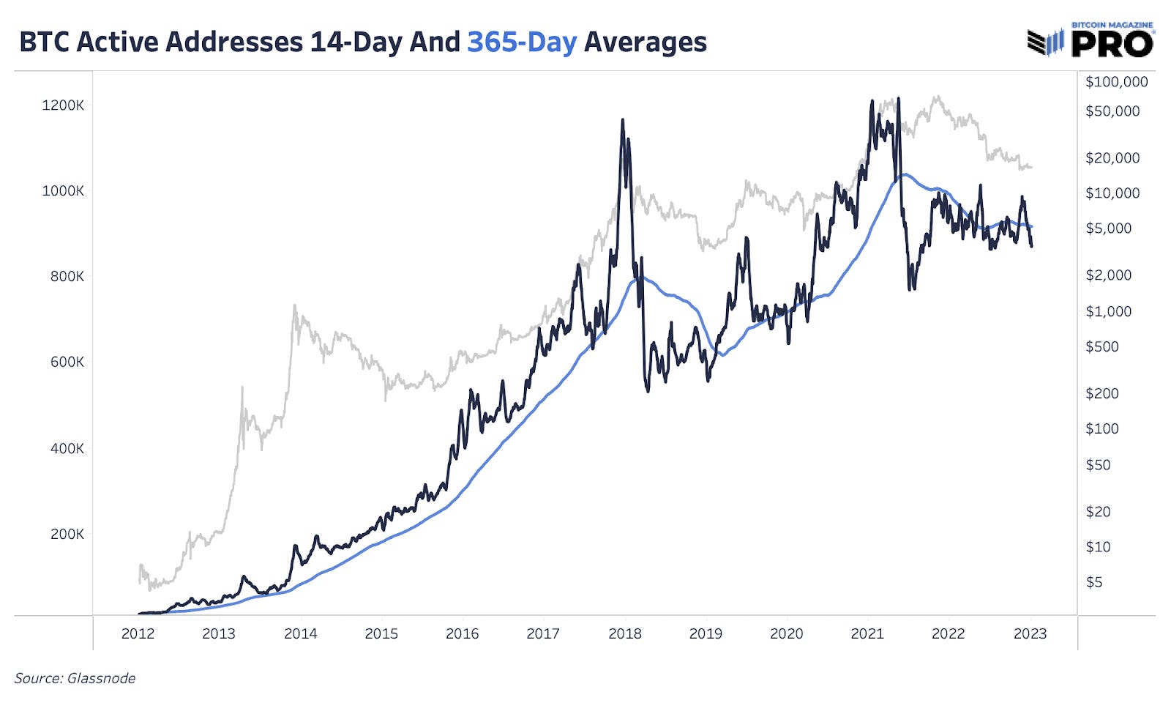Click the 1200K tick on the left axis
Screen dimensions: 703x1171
point(63,105)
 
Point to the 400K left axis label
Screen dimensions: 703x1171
point(67,448)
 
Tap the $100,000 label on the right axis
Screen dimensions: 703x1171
point(1116,82)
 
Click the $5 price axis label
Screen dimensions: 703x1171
point(1093,582)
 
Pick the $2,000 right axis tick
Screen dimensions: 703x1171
point(1108,275)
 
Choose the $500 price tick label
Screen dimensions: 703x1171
point(1101,346)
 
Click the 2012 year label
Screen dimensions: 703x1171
point(138,634)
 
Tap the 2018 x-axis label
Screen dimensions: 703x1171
point(624,634)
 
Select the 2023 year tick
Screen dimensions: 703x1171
point(1030,634)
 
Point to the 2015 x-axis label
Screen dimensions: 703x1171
point(381,634)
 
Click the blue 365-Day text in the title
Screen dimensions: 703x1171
point(522,42)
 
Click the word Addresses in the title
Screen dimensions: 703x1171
point(235,42)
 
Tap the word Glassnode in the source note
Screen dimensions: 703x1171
point(101,678)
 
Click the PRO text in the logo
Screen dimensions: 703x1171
point(1112,45)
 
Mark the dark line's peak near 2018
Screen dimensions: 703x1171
point(623,120)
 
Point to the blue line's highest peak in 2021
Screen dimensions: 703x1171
point(906,174)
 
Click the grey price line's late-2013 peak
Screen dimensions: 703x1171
point(295,306)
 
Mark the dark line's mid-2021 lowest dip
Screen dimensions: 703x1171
point(910,290)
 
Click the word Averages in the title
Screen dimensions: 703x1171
point(645,42)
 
